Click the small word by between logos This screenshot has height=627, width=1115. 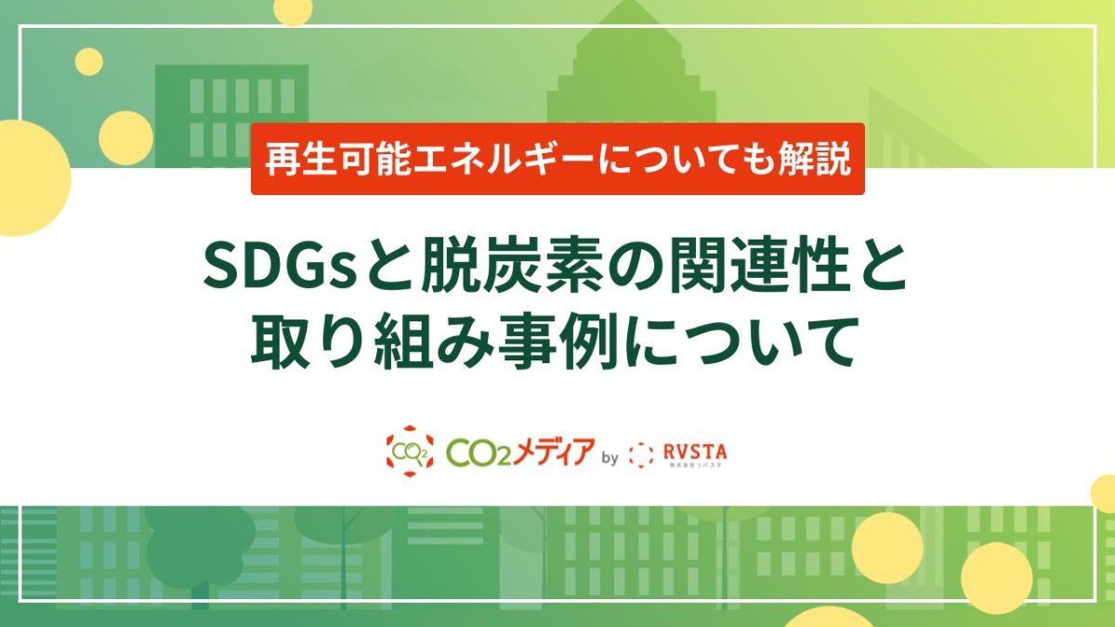[x=610, y=457]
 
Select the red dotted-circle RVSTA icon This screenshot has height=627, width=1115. [x=641, y=455]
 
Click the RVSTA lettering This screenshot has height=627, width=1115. [x=697, y=451]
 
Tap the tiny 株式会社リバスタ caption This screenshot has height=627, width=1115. [x=697, y=464]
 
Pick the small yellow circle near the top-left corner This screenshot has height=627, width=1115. [x=89, y=61]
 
